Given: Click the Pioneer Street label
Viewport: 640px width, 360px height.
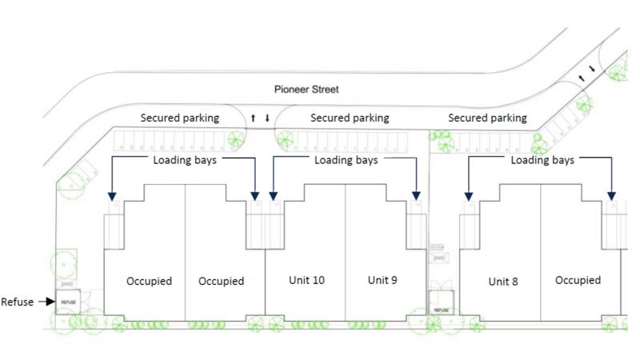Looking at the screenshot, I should (x=306, y=90).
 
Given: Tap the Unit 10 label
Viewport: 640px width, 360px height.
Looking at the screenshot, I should (x=306, y=280).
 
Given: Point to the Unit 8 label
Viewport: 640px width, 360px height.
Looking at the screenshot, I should (x=503, y=282).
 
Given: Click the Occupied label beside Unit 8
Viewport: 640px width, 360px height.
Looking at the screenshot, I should (x=578, y=280).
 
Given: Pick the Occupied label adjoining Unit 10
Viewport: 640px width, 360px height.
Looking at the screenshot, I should (x=221, y=281).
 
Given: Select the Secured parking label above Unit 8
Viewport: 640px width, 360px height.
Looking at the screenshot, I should (x=487, y=118).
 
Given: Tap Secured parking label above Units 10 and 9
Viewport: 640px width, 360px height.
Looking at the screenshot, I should (x=350, y=118).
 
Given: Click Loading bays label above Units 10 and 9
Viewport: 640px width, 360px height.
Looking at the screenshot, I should (x=345, y=160).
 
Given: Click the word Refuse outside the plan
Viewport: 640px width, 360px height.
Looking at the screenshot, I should (x=17, y=302).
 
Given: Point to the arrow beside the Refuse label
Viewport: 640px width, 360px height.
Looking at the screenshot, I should (x=45, y=302).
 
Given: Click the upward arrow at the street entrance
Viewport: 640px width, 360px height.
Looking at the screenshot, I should (x=253, y=118).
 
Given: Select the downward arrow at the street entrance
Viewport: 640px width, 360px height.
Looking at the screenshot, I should (x=267, y=118).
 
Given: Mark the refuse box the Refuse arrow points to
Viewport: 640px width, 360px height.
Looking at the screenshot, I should (x=68, y=302).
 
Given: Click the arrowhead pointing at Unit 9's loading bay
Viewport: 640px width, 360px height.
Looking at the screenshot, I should (x=417, y=195).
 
